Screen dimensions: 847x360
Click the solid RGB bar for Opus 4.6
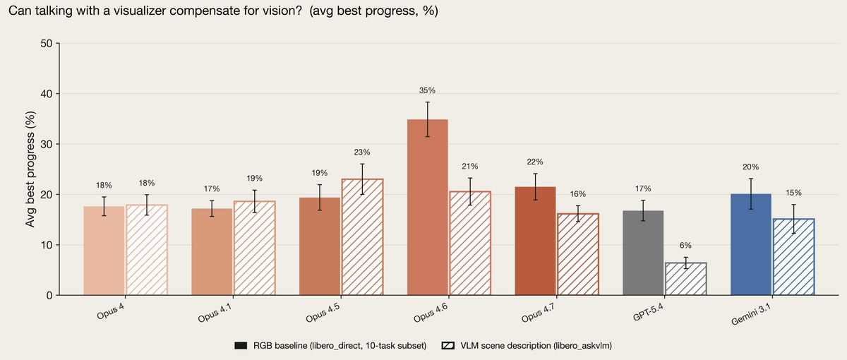click(427, 208)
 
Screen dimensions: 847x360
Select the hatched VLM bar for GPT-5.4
click(685, 279)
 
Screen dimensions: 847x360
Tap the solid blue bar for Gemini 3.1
click(750, 245)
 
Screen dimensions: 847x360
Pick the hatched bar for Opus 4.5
click(362, 236)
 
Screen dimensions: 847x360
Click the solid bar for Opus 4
click(104, 251)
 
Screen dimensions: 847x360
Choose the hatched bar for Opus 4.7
click(578, 254)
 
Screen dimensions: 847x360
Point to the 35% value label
click(427, 90)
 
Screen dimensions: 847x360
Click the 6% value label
click(685, 246)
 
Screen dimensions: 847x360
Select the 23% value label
click(362, 152)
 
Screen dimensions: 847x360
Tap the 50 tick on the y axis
click(46, 44)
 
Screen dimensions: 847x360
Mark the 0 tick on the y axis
click(49, 296)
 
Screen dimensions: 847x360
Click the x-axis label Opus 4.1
click(215, 313)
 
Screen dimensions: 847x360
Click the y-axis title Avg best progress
click(30, 169)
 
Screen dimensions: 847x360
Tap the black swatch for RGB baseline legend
click(241, 346)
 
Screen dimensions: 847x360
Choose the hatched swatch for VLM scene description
click(448, 346)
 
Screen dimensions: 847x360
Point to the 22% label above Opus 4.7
click(535, 162)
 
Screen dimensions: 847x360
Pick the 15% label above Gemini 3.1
click(793, 193)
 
